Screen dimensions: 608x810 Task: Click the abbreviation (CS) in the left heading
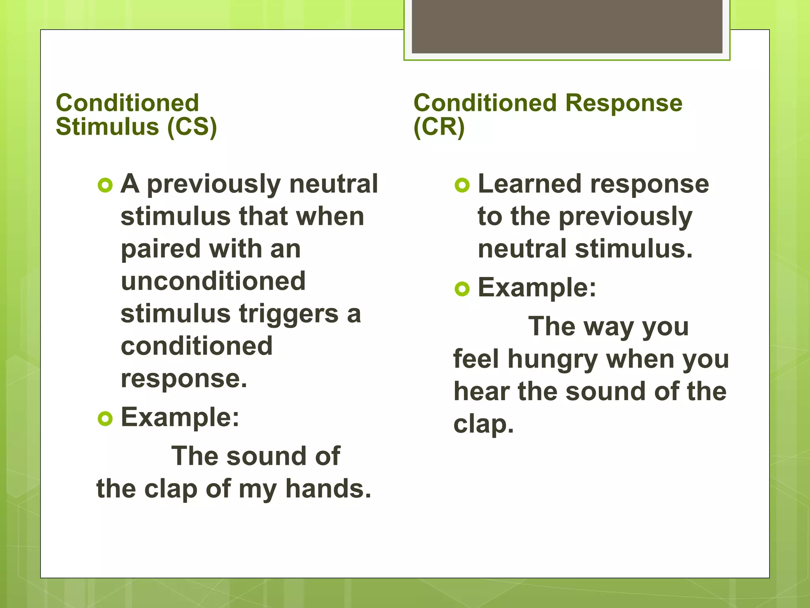pyautogui.click(x=192, y=127)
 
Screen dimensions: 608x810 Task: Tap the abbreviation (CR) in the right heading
pyautogui.click(x=439, y=127)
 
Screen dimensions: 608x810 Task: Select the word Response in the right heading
pyautogui.click(x=624, y=103)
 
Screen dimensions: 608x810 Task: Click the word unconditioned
pyautogui.click(x=213, y=281)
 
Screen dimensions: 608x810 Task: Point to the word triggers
pyautogui.click(x=289, y=314)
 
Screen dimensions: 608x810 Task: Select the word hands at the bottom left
pyautogui.click(x=328, y=488)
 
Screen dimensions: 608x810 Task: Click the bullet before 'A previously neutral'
pyautogui.click(x=105, y=185)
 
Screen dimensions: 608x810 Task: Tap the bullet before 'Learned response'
pyautogui.click(x=462, y=185)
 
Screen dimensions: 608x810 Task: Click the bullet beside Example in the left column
pyautogui.click(x=105, y=418)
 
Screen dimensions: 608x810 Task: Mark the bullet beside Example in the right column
pyautogui.click(x=462, y=289)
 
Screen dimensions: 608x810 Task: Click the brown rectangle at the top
pyautogui.click(x=567, y=26)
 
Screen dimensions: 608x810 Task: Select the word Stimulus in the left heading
pyautogui.click(x=107, y=127)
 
